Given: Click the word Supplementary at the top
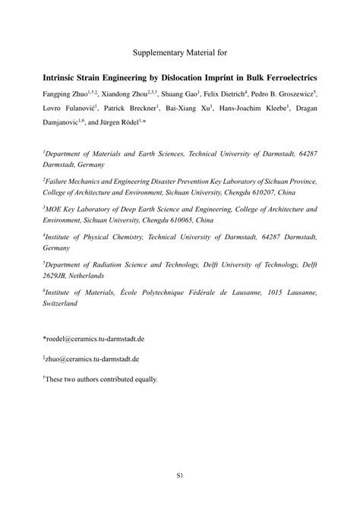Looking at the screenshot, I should (x=156, y=53).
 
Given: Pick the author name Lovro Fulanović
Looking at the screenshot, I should (x=68, y=109).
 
